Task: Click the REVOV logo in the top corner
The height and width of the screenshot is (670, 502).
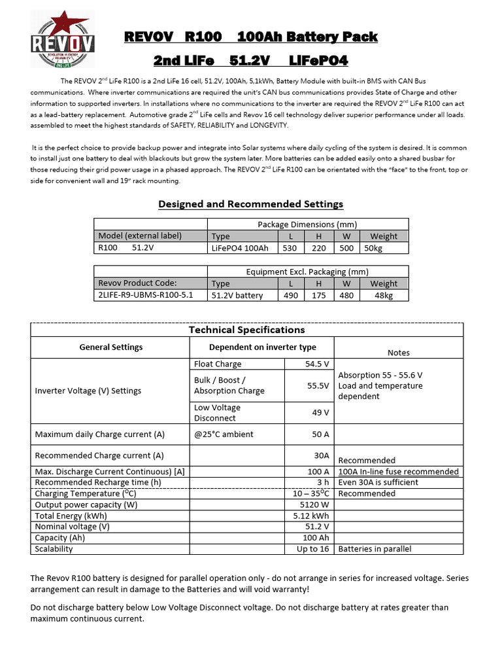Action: (x=63, y=41)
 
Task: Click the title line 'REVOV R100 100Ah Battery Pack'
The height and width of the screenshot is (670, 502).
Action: (x=251, y=37)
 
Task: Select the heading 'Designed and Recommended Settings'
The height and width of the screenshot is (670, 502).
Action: (x=251, y=204)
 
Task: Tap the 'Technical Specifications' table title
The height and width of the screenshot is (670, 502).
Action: (x=246, y=330)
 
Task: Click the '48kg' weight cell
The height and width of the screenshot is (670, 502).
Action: (x=383, y=295)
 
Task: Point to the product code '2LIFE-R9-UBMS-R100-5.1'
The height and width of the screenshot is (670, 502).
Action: (x=145, y=295)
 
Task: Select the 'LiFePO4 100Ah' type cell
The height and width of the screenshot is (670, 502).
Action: (x=240, y=248)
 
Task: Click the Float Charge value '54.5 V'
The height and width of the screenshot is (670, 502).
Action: (x=317, y=364)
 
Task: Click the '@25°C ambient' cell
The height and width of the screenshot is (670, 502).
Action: (x=224, y=434)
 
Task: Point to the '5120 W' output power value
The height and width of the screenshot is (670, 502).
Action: (x=314, y=504)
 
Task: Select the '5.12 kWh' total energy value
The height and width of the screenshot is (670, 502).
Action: (x=312, y=516)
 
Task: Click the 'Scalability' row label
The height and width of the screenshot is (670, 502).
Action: (x=54, y=549)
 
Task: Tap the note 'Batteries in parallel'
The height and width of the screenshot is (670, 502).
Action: (x=375, y=549)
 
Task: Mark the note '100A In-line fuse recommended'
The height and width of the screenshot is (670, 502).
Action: (x=398, y=471)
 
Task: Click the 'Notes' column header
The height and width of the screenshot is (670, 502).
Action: (x=398, y=352)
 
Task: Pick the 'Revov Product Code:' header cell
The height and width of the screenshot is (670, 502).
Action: (x=137, y=283)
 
